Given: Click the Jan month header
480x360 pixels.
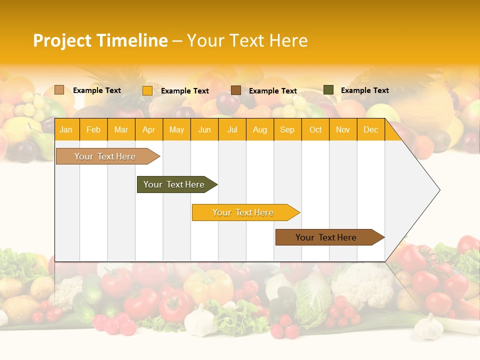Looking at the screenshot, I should [x=66, y=129].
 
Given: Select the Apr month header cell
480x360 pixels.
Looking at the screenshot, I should [x=149, y=129].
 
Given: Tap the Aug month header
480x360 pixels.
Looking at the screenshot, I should [x=260, y=129].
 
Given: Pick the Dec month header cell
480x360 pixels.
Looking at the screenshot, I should [x=370, y=129].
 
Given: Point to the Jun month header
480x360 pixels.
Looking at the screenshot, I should [x=204, y=129].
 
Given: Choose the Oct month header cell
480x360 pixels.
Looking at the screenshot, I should [x=315, y=129].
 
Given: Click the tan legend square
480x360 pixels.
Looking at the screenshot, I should [x=59, y=90].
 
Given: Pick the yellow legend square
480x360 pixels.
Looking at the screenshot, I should [x=147, y=90].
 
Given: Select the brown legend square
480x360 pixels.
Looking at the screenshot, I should [x=236, y=90].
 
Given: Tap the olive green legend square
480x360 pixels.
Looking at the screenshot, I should [x=328, y=90].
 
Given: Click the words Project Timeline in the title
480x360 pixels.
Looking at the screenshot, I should [x=100, y=40].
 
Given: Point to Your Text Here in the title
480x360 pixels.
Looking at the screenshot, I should [x=247, y=40].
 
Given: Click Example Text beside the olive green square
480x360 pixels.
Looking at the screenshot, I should [x=364, y=90].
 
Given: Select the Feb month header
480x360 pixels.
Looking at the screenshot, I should [x=93, y=129].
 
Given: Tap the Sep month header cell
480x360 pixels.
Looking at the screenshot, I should [x=287, y=129].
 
